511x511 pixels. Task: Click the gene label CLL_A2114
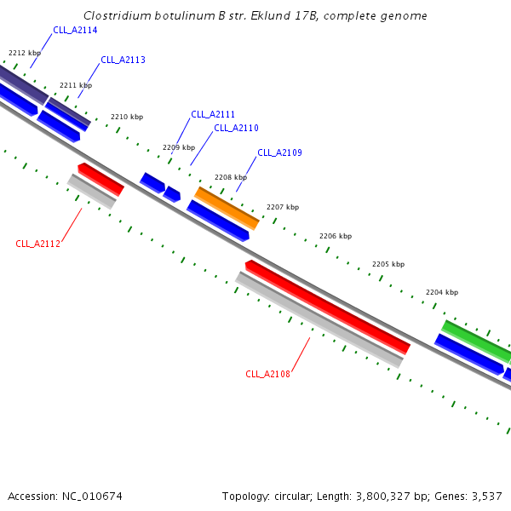(75, 30)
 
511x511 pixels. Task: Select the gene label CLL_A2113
(123, 60)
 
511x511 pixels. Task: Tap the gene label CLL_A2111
(213, 114)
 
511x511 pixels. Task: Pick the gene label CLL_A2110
(236, 128)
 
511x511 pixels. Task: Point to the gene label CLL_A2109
(279, 152)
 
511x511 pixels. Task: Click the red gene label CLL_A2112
(37, 244)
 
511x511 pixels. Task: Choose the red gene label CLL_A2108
(267, 374)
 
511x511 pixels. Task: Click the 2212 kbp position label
(25, 53)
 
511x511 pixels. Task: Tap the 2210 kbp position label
(127, 117)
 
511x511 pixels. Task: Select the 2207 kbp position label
(283, 207)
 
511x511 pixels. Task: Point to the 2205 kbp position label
(388, 264)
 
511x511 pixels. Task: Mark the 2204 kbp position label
(442, 292)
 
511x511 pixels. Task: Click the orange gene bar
(227, 209)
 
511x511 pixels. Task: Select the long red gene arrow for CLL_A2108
(328, 307)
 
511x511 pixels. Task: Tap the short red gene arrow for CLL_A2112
(101, 179)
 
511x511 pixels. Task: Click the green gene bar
(476, 341)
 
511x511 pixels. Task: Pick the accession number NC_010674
(92, 497)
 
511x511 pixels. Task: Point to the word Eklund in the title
(271, 15)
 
